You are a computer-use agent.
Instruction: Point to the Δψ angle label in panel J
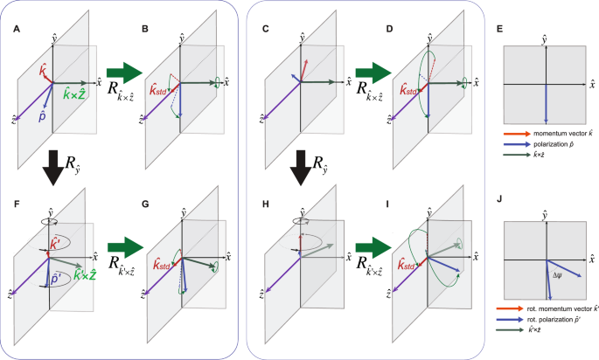pos(558,275)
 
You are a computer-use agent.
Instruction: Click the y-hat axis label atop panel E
pos(545,40)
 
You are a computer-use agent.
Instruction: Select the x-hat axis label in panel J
pos(590,259)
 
